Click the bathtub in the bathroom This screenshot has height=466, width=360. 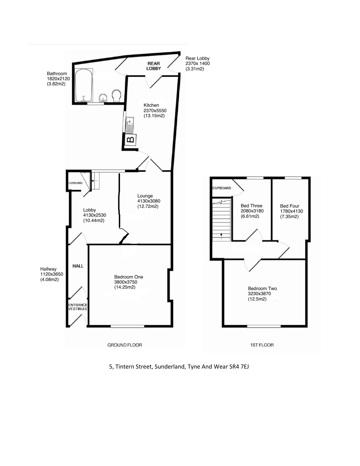tap(84, 85)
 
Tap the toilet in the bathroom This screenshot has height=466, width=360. tap(116, 96)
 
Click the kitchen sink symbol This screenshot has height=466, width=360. tap(130, 125)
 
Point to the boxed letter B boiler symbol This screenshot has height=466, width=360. tap(130, 140)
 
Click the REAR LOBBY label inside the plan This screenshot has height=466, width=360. tap(154, 66)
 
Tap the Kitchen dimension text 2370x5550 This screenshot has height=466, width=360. tap(155, 111)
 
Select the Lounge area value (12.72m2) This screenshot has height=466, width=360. tap(148, 206)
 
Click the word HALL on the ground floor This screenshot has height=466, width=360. tap(78, 266)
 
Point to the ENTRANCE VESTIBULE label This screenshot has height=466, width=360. tap(78, 307)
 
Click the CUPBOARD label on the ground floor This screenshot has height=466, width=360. tap(75, 183)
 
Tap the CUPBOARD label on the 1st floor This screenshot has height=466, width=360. tap(222, 188)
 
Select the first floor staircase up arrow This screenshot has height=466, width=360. tap(221, 236)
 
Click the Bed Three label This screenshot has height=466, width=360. tap(251, 206)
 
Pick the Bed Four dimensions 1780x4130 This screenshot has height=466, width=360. tap(291, 211)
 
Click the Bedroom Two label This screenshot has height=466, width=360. tap(262, 288)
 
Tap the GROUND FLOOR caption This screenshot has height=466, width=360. tap(125, 345)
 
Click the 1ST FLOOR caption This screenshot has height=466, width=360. tap(262, 345)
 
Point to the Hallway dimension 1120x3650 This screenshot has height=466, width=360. tap(52, 274)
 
